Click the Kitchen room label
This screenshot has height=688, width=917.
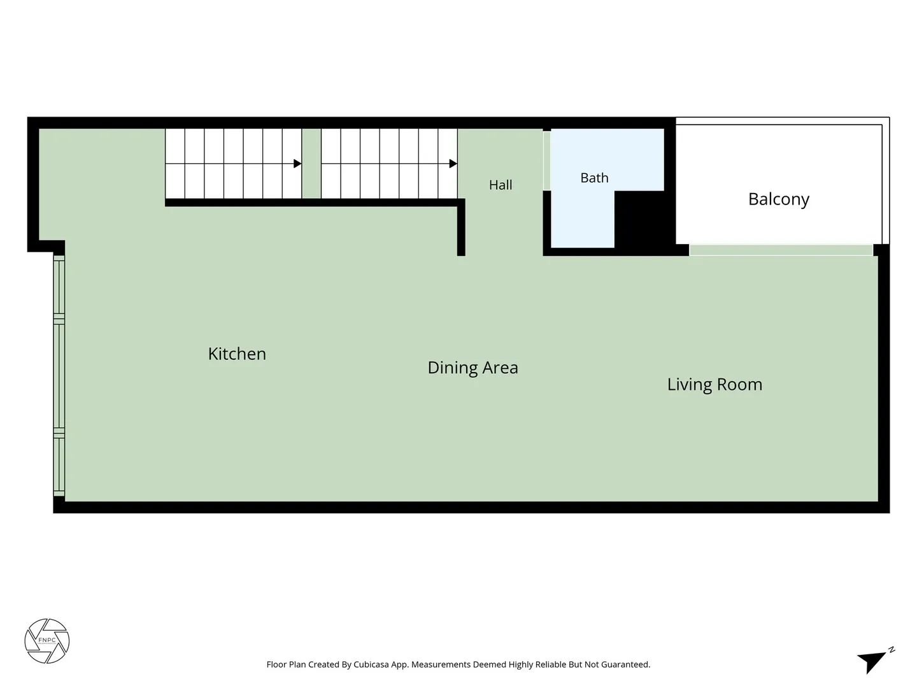click(x=237, y=354)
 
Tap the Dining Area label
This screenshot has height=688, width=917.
click(x=473, y=368)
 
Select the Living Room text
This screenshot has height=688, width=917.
click(x=714, y=385)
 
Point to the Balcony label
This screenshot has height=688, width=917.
click(x=778, y=199)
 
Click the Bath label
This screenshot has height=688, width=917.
click(x=594, y=178)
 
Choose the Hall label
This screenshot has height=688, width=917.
click(x=501, y=185)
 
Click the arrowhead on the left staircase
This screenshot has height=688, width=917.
click(x=297, y=163)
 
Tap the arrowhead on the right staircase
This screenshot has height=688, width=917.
click(x=453, y=163)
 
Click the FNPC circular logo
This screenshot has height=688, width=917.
click(x=46, y=640)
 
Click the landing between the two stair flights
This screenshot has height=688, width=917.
click(x=311, y=163)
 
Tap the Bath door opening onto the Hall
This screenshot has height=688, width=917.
click(x=546, y=161)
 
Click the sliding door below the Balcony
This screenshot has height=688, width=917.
click(x=781, y=250)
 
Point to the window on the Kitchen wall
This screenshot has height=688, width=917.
click(x=59, y=376)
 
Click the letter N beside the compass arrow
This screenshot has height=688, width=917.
click(x=892, y=650)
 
